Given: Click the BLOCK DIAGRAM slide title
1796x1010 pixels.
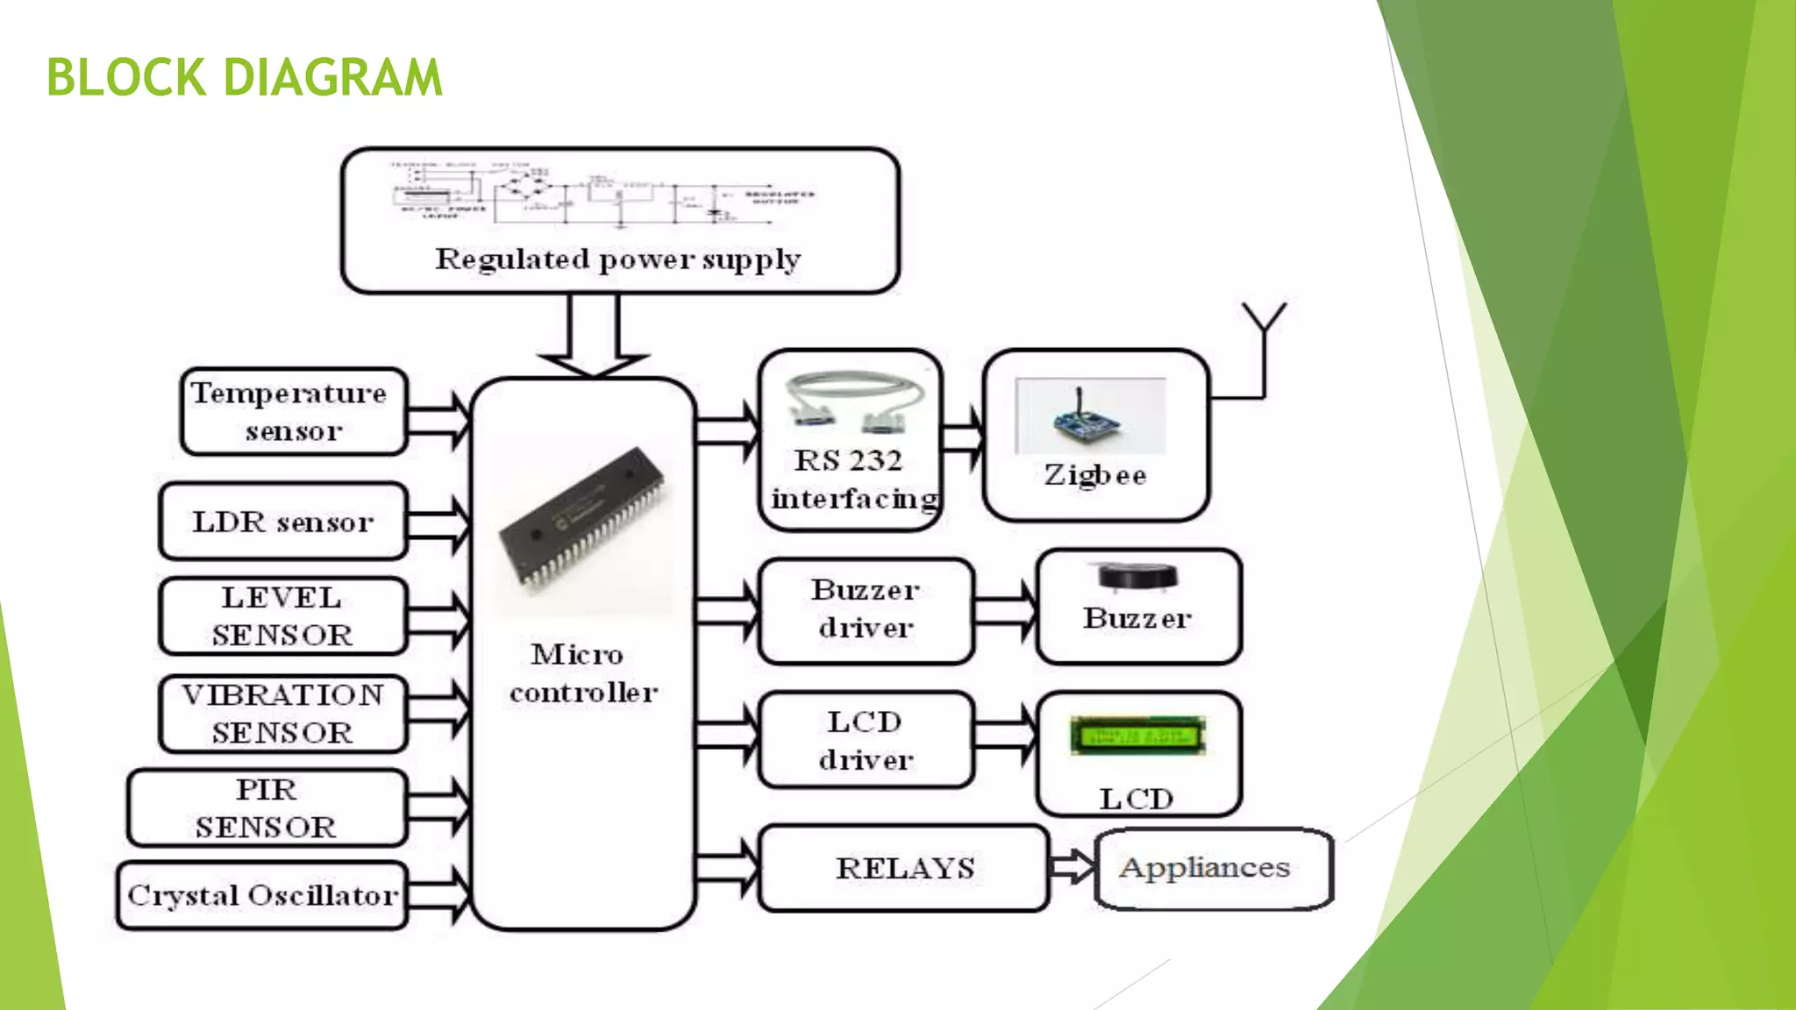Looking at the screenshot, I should pos(244,77).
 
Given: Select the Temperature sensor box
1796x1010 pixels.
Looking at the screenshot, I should pos(293,411).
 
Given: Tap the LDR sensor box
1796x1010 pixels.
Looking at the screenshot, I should pos(283,522).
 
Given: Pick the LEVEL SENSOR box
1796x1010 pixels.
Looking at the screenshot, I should pos(282,615).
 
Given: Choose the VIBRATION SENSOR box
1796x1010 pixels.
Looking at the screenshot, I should pos(282,713).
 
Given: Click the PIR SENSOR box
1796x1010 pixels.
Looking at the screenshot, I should pos(267,807).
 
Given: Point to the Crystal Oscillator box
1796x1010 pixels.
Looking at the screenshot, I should pos(262,895).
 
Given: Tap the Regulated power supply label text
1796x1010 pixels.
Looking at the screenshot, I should pos(618,260).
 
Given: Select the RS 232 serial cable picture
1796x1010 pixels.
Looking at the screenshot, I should pos(854,402).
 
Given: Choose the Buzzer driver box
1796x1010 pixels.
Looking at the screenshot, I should pos(866,609).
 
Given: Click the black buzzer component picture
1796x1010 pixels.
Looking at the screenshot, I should pos(1137,576).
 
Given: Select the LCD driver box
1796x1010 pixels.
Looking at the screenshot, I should pos(866,740).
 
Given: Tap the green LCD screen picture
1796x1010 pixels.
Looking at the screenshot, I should pos(1137,736).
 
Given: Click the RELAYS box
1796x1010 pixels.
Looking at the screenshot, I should pos(904,868).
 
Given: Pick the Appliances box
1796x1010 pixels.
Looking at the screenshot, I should pos(1214,868).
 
